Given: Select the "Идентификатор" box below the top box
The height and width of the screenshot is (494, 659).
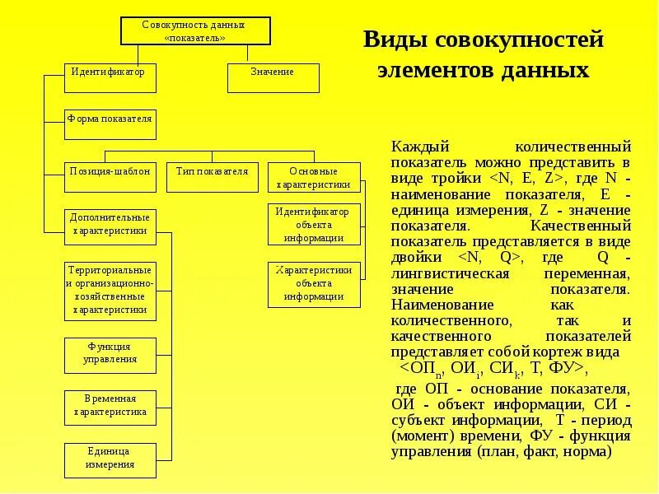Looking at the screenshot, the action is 110,77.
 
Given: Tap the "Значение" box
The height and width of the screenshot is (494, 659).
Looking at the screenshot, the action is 273,77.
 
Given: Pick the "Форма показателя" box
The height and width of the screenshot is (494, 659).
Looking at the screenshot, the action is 110,124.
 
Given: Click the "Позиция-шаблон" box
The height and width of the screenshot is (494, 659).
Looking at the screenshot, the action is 110,177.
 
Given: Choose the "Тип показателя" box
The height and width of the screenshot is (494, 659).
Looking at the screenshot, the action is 212,177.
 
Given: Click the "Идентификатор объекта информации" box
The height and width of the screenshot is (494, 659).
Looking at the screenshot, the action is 314,225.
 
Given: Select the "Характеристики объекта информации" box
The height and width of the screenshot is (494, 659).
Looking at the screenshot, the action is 314,284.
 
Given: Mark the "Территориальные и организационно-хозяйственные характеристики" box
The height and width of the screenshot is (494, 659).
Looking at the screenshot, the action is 110,291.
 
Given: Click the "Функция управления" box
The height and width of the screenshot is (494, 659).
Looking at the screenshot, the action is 110,353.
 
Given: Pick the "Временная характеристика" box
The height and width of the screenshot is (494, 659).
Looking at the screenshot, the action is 110,405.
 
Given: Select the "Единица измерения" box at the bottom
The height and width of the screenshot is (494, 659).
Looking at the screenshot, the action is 110,459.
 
